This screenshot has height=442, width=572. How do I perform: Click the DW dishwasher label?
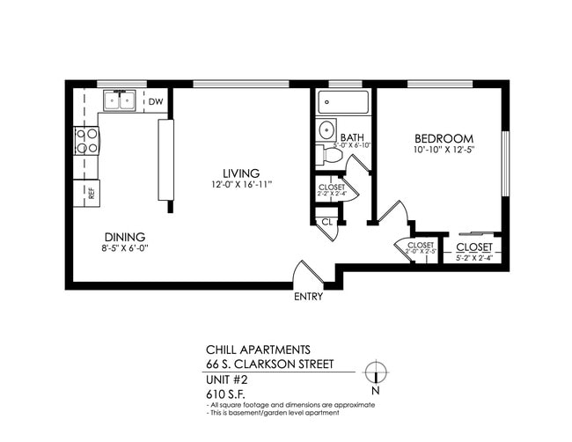155,102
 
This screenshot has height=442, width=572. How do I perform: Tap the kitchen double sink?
119,101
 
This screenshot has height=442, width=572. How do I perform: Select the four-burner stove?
87,141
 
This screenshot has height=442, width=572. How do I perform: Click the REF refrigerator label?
91,192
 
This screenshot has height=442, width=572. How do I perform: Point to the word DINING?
125,237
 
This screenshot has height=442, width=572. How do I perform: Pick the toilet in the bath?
330,155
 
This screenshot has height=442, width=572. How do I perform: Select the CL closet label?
326,222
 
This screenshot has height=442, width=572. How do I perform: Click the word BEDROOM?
444,139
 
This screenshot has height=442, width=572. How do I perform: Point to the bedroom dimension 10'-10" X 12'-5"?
444,151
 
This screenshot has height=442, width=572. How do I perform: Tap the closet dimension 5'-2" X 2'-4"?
473,258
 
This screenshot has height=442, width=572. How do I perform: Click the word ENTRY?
308,297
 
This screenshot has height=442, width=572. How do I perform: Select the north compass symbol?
377,372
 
